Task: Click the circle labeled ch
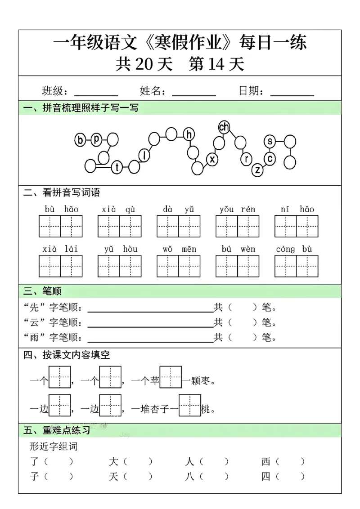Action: click(224, 127)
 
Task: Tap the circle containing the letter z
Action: click(257, 170)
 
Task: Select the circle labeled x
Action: click(212, 159)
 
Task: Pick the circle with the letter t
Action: click(117, 167)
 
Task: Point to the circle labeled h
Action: click(189, 134)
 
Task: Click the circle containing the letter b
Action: click(81, 141)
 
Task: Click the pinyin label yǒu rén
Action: click(237, 209)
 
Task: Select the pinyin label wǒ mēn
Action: click(178, 249)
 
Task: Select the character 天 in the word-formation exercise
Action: click(113, 476)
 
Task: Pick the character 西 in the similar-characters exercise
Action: click(266, 461)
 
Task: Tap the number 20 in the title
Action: click(144, 65)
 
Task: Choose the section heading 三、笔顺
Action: click(42, 292)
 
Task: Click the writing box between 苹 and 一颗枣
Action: click(171, 377)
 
